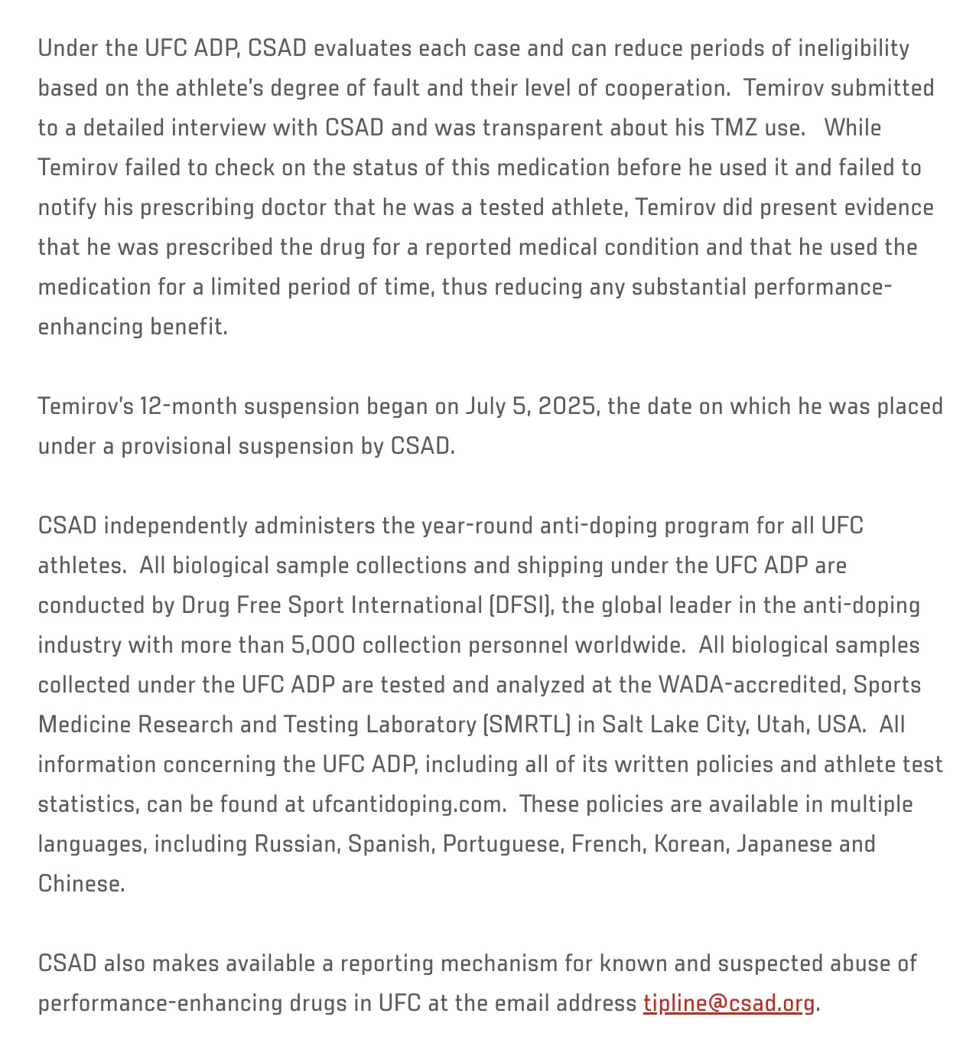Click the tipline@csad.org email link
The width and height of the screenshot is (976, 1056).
(x=728, y=1002)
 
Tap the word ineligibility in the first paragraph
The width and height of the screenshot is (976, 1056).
(x=854, y=48)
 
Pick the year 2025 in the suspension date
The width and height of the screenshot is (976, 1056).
(x=566, y=406)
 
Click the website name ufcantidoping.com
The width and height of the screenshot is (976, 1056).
(x=408, y=804)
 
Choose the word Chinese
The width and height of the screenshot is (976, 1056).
(x=80, y=884)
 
